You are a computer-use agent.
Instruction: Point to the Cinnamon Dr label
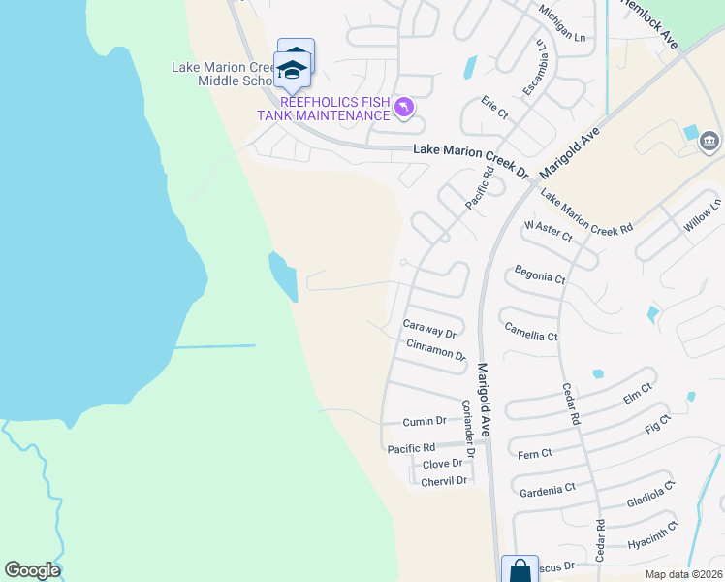[x=436, y=349]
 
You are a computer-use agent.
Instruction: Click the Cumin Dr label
[x=425, y=421]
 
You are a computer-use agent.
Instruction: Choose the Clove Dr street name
[x=442, y=464]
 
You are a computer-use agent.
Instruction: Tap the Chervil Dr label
[x=445, y=480]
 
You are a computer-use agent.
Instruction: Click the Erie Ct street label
[x=494, y=106]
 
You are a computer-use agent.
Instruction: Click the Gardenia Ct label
[x=548, y=490]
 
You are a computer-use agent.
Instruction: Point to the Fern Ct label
[x=535, y=453]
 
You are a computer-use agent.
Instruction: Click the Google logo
[x=32, y=570]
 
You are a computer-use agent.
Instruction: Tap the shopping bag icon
[x=519, y=569]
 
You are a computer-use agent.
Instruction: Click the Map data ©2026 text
[x=682, y=574]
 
